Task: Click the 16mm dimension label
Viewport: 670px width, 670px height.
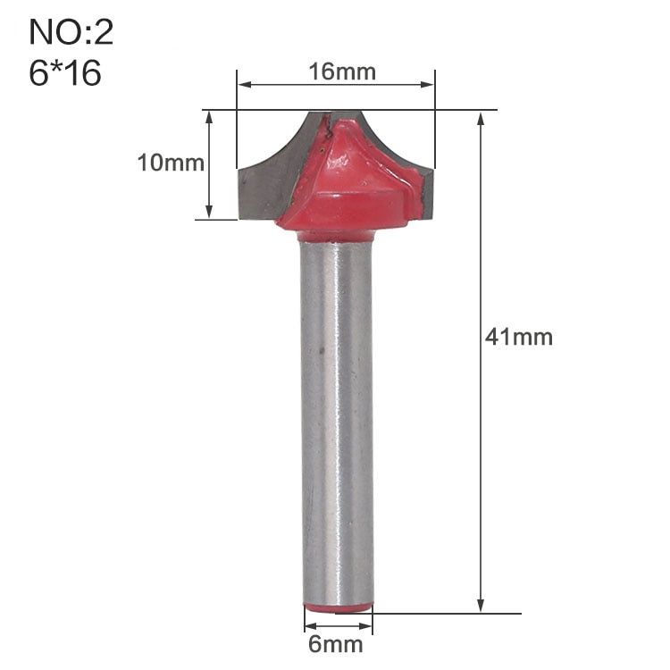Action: pos(342,71)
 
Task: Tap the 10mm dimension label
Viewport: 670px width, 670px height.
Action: pos(171,163)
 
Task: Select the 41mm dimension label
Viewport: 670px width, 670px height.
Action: pos(519,337)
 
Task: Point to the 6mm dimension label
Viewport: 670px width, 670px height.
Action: pos(336,644)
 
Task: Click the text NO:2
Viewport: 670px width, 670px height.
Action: pos(71,32)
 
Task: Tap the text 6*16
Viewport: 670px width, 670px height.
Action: pos(65,72)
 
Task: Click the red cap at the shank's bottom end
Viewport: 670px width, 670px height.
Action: pos(338,608)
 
